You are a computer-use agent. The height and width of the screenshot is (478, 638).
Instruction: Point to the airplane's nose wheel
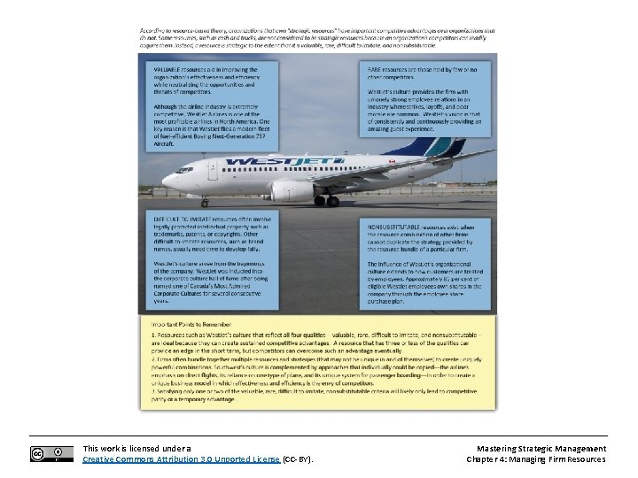pos(204,203)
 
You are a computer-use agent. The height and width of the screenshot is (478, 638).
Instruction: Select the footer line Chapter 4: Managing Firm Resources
pos(535,459)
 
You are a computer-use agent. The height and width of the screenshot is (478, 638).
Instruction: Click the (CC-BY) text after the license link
pos(298,459)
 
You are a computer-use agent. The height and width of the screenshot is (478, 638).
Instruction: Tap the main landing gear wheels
pos(327,201)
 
